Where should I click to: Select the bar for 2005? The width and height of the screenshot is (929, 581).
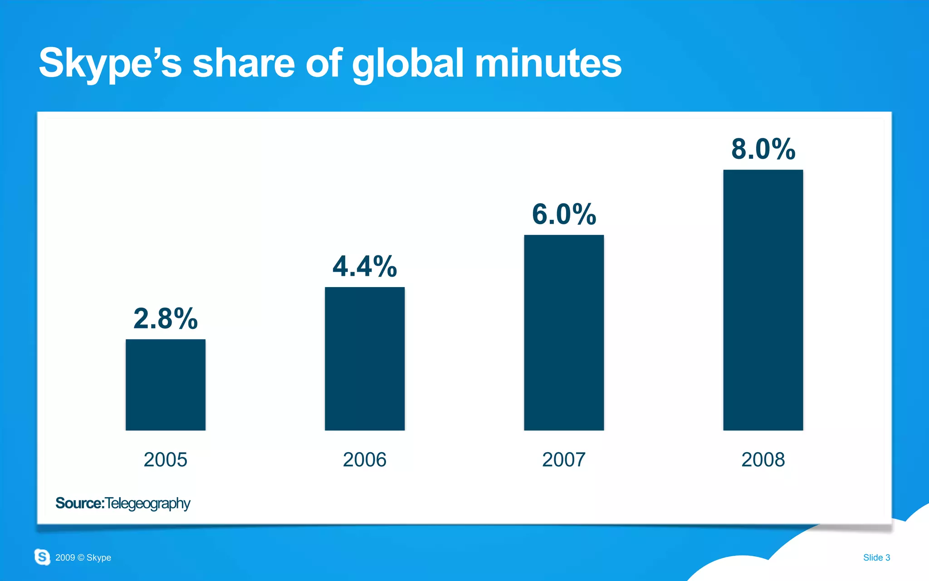pyautogui.click(x=166, y=385)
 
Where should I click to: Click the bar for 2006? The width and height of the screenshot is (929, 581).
pyautogui.click(x=365, y=358)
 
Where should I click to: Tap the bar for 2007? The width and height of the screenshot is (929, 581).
pyautogui.click(x=564, y=332)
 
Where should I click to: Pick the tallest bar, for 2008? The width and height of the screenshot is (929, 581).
pyautogui.click(x=763, y=300)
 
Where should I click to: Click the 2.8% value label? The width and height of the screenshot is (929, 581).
pyautogui.click(x=166, y=318)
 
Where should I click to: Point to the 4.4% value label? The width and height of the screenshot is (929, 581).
pyautogui.click(x=365, y=266)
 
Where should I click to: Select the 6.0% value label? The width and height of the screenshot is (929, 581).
pyautogui.click(x=564, y=214)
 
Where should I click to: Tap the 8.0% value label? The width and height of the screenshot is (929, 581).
pyautogui.click(x=763, y=149)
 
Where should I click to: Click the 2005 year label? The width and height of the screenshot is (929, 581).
pyautogui.click(x=166, y=459)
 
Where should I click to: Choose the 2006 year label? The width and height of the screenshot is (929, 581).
pyautogui.click(x=365, y=459)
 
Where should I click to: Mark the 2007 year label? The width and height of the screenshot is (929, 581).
pyautogui.click(x=564, y=459)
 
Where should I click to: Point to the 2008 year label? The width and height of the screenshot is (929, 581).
pyautogui.click(x=763, y=459)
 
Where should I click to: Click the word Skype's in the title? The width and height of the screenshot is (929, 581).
pyautogui.click(x=110, y=63)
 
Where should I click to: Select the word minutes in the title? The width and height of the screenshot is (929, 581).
pyautogui.click(x=548, y=63)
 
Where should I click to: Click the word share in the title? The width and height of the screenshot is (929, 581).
pyautogui.click(x=244, y=63)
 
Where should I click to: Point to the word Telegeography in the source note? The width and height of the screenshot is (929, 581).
pyautogui.click(x=148, y=503)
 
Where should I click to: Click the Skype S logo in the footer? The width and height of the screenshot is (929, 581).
pyautogui.click(x=42, y=557)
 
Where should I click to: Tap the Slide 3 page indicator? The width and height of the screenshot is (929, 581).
pyautogui.click(x=876, y=557)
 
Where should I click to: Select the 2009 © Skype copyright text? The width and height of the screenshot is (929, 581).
pyautogui.click(x=83, y=557)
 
